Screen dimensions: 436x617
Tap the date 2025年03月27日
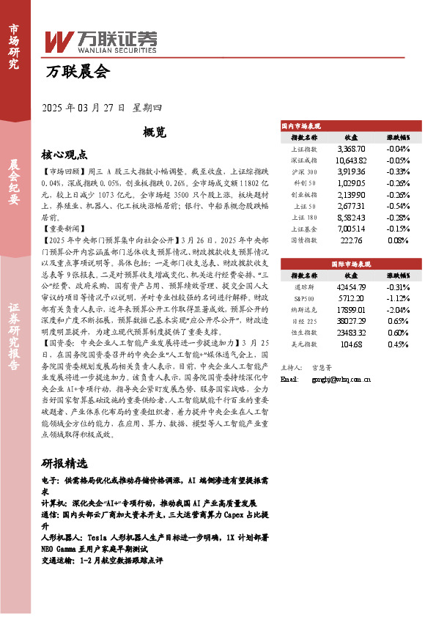click(85, 108)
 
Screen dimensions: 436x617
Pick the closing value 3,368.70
click(350, 149)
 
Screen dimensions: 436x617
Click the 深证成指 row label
click(304, 160)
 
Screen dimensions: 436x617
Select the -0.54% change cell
click(398, 207)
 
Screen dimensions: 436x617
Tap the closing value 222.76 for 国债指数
click(350, 240)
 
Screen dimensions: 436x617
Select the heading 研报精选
click(64, 463)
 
